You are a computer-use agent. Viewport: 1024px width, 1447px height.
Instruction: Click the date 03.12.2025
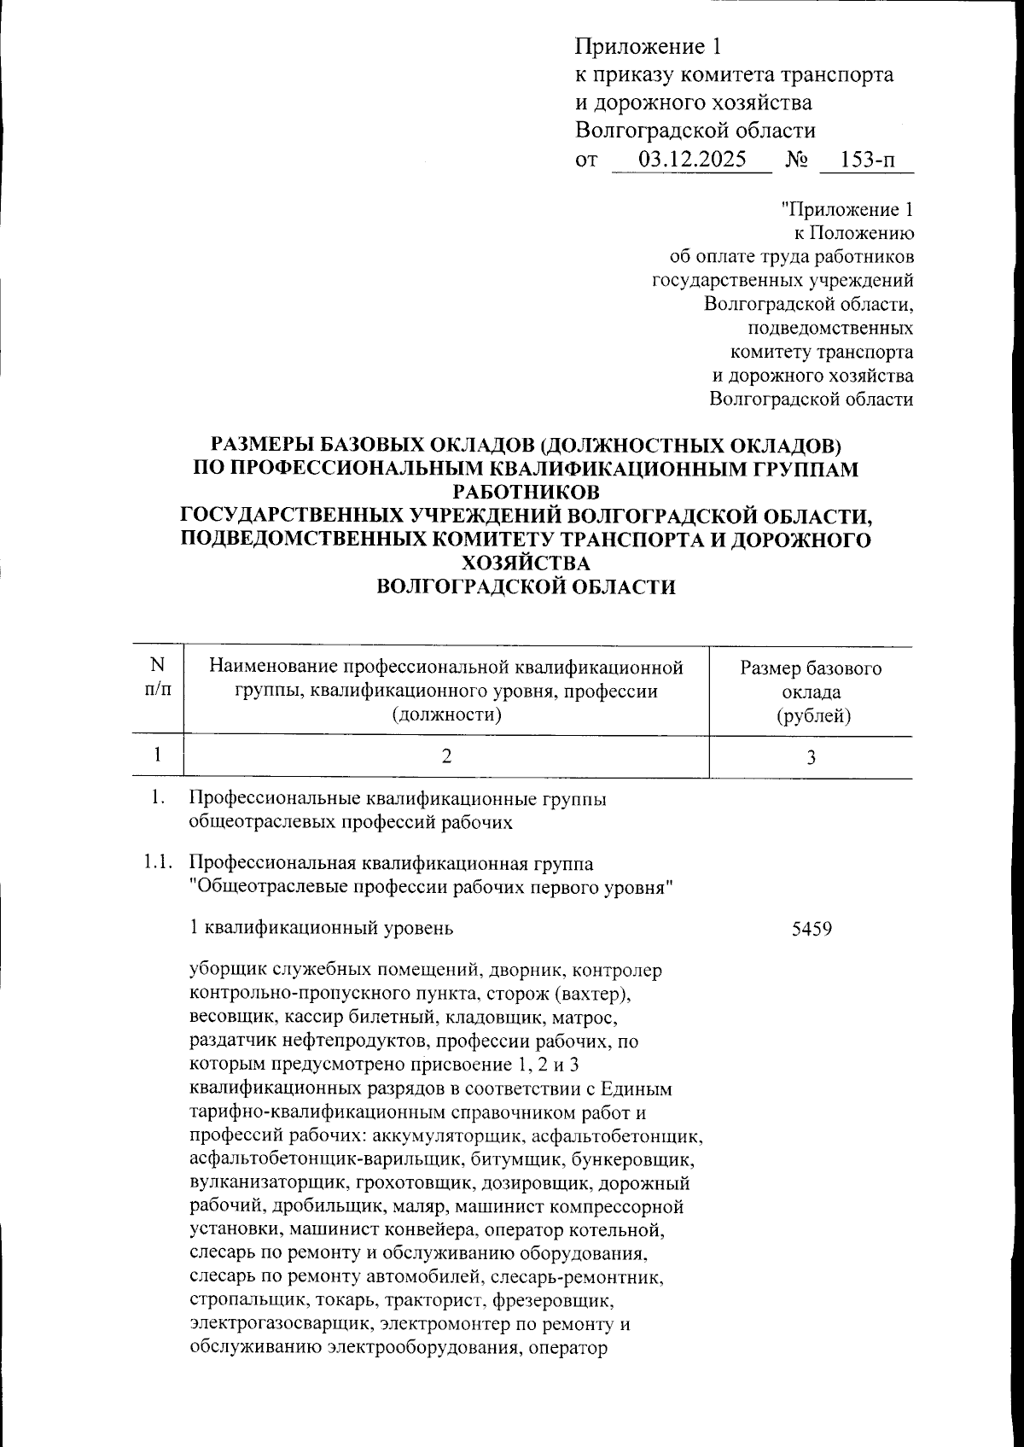(x=692, y=160)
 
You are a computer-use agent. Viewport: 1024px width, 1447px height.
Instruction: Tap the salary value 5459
(x=812, y=928)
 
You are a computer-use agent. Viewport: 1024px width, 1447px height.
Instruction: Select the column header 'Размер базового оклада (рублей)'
(x=811, y=691)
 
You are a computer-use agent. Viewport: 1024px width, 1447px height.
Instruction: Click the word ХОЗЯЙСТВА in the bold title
(x=524, y=563)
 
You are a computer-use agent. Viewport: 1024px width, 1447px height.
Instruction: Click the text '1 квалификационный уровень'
(x=320, y=928)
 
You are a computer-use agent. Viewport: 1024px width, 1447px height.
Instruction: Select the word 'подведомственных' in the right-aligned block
(x=829, y=328)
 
